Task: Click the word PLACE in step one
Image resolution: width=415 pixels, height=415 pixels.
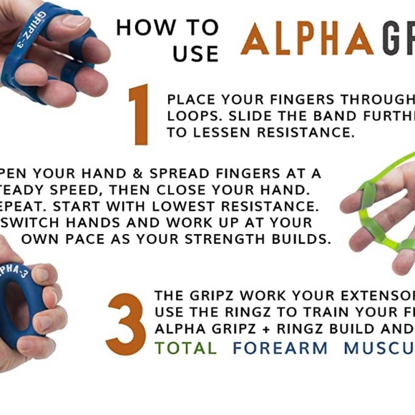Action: tap(192, 99)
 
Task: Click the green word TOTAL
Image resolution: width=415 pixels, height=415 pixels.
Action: tap(185, 348)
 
